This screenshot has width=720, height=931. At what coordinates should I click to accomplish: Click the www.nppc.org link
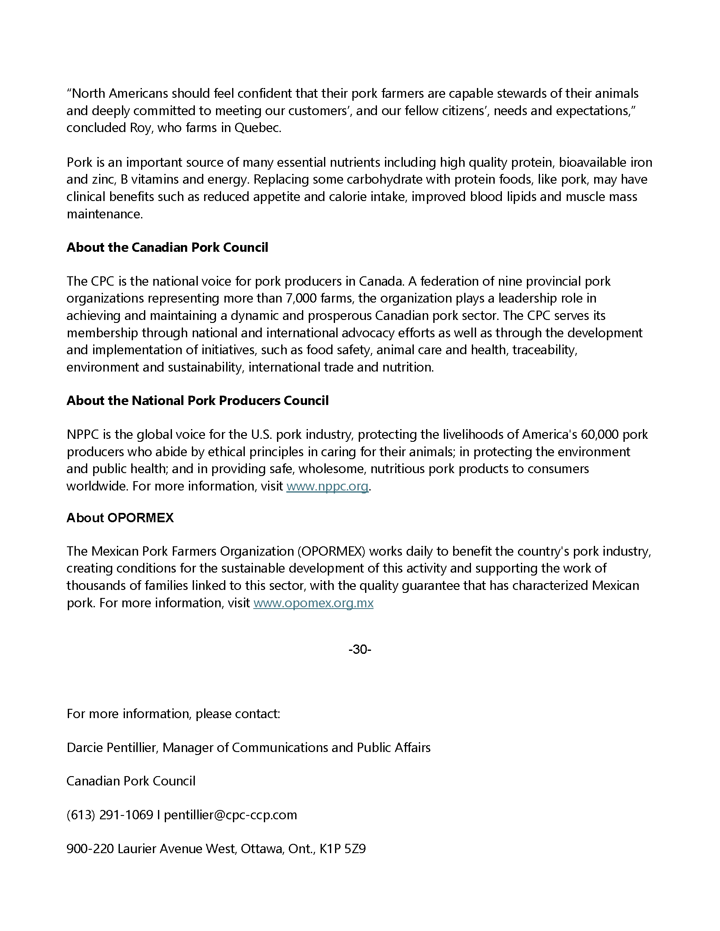[327, 486]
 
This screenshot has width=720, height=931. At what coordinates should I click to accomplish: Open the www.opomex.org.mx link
[313, 603]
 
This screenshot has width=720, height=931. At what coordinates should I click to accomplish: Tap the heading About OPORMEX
[120, 518]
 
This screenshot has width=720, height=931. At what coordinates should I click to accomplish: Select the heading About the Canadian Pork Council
[167, 248]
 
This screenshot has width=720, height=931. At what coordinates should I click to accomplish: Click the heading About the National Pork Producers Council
[197, 401]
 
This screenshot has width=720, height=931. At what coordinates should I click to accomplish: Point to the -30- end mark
[360, 649]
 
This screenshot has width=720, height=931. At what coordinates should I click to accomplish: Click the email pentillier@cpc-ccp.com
[230, 815]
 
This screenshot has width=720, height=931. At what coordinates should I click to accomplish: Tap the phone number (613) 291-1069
[110, 815]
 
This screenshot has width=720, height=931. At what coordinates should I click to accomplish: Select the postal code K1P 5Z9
[343, 849]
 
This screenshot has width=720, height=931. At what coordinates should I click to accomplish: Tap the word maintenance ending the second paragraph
[104, 214]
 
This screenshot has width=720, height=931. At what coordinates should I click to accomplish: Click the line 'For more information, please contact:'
[173, 713]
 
